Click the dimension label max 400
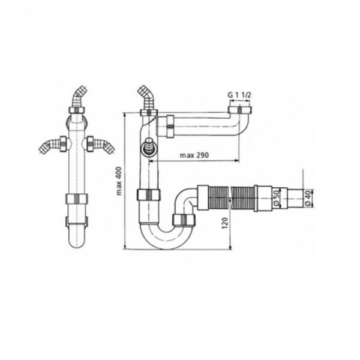[119, 181]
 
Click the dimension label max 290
[194, 155]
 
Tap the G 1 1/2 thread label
[239, 95]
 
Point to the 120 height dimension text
[225, 223]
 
